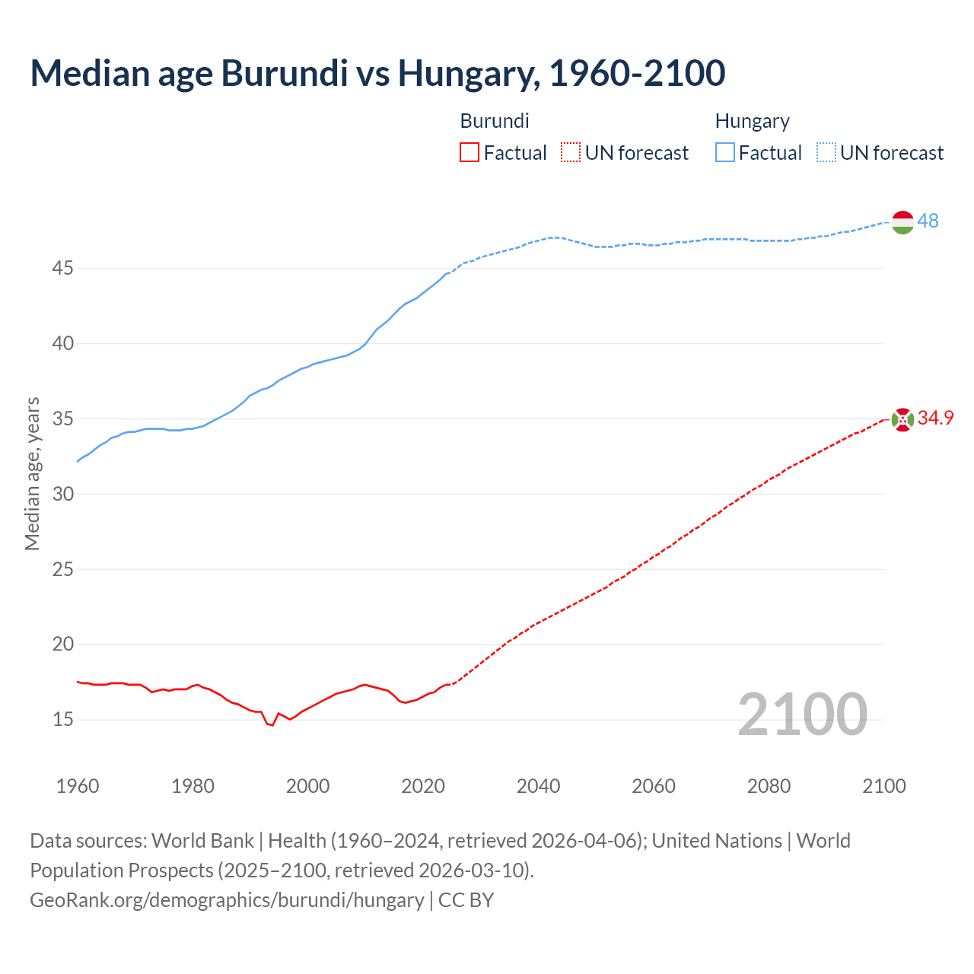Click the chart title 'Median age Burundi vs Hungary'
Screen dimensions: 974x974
pos(377,73)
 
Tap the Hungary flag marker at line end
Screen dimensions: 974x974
pos(902,222)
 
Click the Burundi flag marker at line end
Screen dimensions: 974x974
pos(902,419)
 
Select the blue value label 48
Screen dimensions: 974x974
pos(928,221)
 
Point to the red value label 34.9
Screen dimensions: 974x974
pos(935,418)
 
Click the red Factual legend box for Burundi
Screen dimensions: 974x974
pos(469,153)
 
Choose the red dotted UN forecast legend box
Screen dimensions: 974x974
pos(570,153)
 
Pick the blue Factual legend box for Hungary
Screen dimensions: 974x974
pos(724,153)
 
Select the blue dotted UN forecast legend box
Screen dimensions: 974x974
pos(826,153)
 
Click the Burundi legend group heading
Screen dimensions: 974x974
pos(495,121)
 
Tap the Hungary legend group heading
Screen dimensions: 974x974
pos(752,121)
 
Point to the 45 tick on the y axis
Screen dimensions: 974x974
pos(63,269)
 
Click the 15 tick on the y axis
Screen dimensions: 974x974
pos(63,719)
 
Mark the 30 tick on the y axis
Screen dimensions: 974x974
pos(63,494)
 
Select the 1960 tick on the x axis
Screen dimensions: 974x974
pos(78,786)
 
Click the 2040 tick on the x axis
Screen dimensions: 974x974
pos(538,786)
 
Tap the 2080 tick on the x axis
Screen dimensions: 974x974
pos(769,786)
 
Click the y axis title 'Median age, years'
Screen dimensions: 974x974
pos(32,473)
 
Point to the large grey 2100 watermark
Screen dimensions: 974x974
pos(802,715)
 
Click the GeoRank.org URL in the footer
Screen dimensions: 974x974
pos(227,900)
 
